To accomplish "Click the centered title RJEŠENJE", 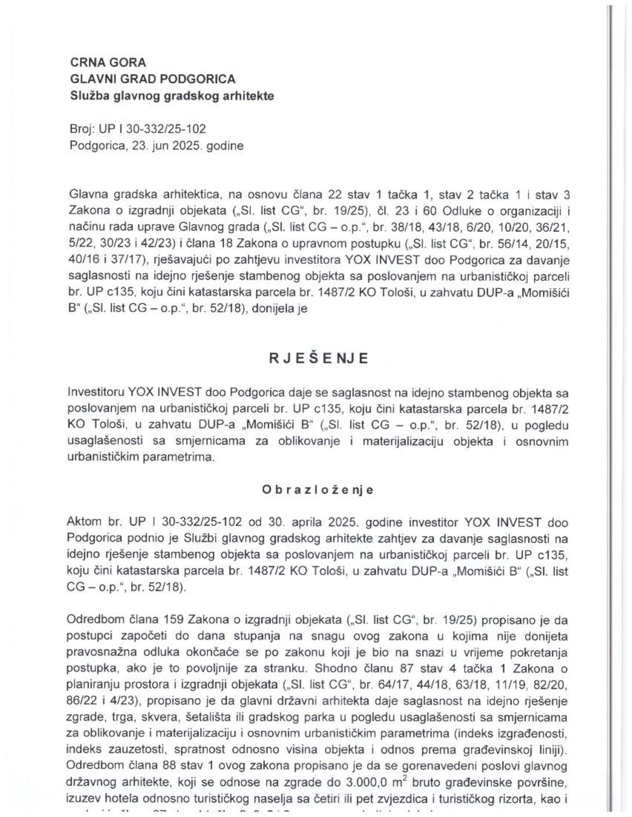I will (318, 358).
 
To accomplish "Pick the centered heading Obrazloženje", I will (318, 490).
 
